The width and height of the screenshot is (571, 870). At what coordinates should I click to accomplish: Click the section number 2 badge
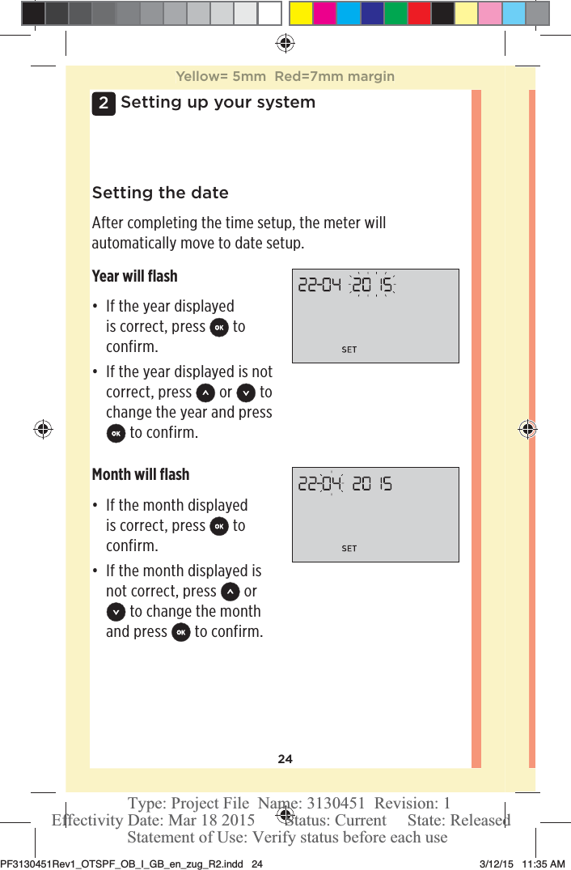tap(103, 104)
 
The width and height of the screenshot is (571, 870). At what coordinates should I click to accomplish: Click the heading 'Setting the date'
tap(160, 193)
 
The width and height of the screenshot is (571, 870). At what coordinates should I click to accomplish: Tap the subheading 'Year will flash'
tap(134, 276)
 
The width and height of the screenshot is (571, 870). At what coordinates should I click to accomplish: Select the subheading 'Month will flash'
tap(140, 474)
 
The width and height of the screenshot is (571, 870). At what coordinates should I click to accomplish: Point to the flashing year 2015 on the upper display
tap(371, 285)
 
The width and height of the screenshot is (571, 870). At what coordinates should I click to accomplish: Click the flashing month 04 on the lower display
tap(331, 484)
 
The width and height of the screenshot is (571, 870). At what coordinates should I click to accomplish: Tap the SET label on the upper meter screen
tap(349, 350)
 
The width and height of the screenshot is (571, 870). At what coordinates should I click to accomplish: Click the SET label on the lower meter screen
tap(349, 549)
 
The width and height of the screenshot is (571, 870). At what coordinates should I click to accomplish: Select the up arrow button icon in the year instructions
tap(205, 393)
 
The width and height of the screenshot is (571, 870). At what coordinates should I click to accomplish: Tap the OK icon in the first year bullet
tap(218, 328)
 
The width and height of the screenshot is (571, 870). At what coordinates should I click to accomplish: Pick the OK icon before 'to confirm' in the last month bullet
tap(181, 632)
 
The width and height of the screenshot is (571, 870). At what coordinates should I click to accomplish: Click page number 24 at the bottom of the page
tap(285, 759)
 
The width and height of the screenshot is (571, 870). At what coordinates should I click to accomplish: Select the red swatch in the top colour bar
tap(419, 13)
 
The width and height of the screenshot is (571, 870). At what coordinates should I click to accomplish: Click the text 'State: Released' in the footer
tap(459, 820)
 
